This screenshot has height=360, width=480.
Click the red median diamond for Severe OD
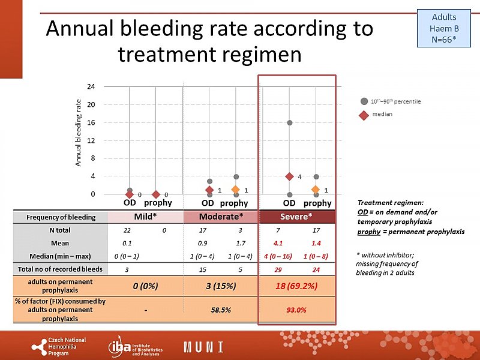(289, 176)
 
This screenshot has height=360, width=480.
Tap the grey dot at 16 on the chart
(289, 122)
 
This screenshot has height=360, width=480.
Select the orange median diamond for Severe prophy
(316, 190)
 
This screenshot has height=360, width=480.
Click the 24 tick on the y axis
(91, 86)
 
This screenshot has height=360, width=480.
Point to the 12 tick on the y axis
(91, 140)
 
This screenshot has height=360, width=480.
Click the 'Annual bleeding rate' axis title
(78, 140)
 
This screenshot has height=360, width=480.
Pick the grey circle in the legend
(364, 101)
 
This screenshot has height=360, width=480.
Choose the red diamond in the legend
(364, 114)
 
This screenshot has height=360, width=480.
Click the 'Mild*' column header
(145, 217)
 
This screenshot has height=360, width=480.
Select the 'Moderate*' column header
(221, 217)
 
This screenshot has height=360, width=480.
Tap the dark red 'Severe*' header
(296, 217)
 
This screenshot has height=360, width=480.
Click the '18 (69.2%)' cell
(296, 286)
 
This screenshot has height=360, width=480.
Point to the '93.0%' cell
(296, 310)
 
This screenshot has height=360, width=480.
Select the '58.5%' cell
(221, 310)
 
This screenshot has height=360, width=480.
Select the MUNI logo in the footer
(203, 347)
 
